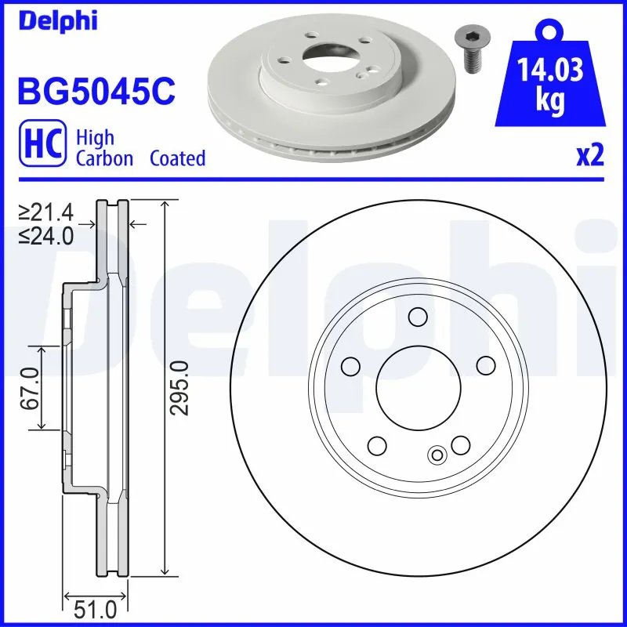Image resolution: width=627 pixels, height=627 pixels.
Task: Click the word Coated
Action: pos(177,158)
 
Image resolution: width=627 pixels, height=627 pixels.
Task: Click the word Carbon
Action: pos(106,158)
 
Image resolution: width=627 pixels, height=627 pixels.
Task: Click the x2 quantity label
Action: pos(590,156)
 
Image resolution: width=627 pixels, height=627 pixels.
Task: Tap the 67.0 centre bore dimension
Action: pos(31,387)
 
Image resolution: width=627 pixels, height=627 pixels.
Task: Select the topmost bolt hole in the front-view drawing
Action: pos(418,317)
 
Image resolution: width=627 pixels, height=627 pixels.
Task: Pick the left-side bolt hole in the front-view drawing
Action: pos(351,365)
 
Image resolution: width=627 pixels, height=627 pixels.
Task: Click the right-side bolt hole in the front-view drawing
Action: pos(485,365)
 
